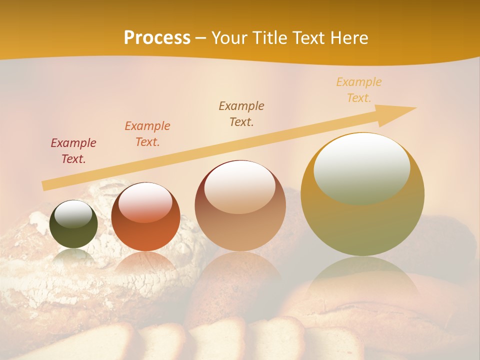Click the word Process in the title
point(157,38)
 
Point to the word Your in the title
point(230,38)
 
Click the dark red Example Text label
point(73,151)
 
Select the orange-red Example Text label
point(147,134)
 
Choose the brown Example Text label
point(241,113)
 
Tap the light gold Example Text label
point(359,90)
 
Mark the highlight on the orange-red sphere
point(145,201)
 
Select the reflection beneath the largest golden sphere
point(362,280)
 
